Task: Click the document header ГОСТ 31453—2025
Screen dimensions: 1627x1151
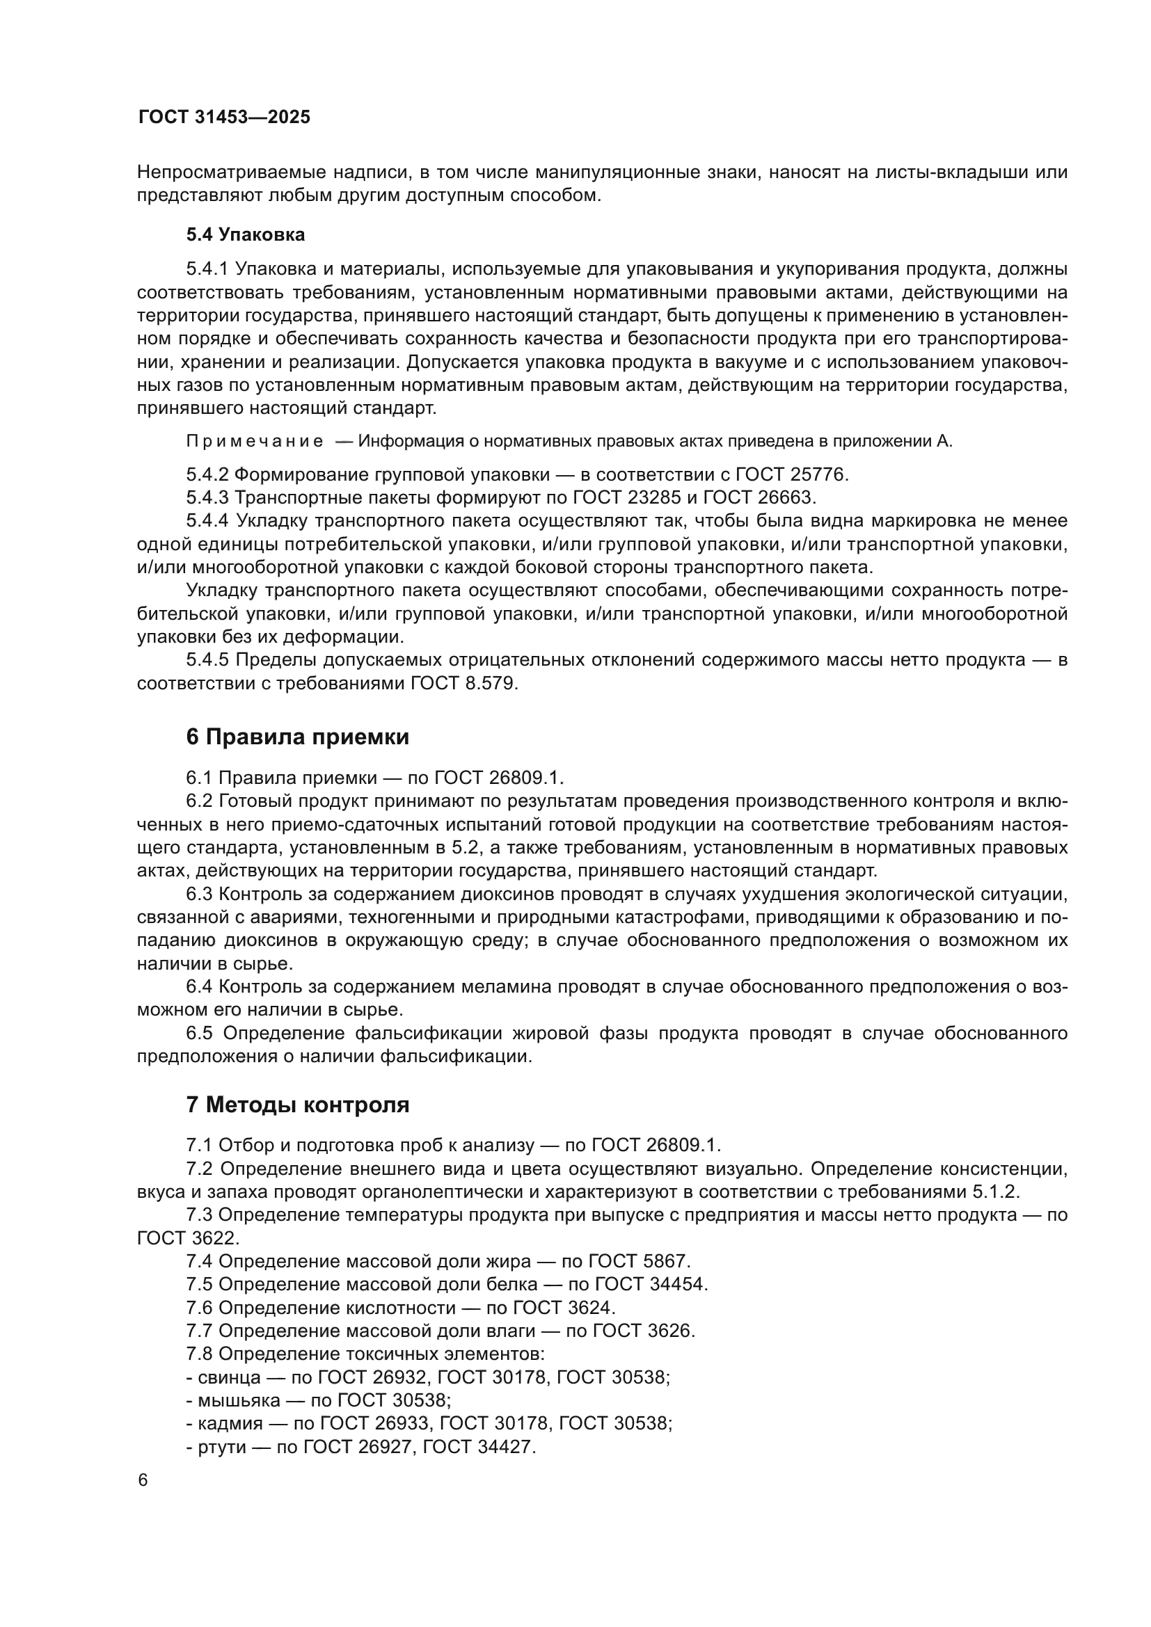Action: pyautogui.click(x=224, y=117)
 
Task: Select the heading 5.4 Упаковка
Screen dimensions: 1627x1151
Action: pyautogui.click(x=245, y=234)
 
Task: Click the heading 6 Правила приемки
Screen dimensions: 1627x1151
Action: pyautogui.click(x=297, y=737)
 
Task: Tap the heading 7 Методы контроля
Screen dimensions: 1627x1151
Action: pyautogui.click(x=297, y=1105)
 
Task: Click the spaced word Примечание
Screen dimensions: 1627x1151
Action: pyautogui.click(x=255, y=442)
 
